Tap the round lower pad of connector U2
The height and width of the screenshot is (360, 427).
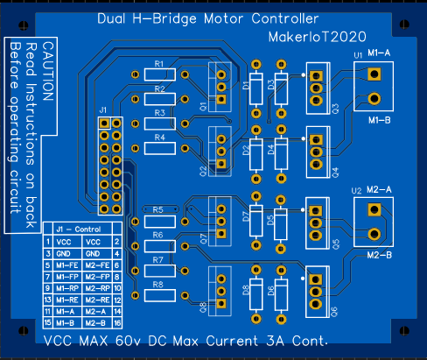374,233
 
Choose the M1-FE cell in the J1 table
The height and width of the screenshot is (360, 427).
66,265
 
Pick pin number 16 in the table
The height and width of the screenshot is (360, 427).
117,322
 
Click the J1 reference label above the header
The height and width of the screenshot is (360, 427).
103,109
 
